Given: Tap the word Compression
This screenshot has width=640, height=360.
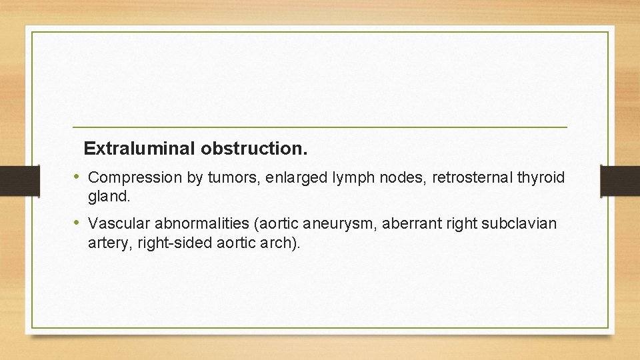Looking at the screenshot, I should [135, 178].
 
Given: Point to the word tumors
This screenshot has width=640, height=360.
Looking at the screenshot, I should [227, 178].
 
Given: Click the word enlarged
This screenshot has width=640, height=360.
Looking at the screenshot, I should [283, 178].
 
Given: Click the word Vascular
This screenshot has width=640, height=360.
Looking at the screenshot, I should [119, 223].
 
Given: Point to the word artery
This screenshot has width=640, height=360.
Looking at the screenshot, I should [109, 243].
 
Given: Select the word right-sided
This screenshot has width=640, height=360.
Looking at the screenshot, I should [175, 243].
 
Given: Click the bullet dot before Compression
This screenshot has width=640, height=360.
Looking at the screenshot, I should [77, 177].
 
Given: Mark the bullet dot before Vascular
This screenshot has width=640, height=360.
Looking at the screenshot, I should [77, 223].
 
